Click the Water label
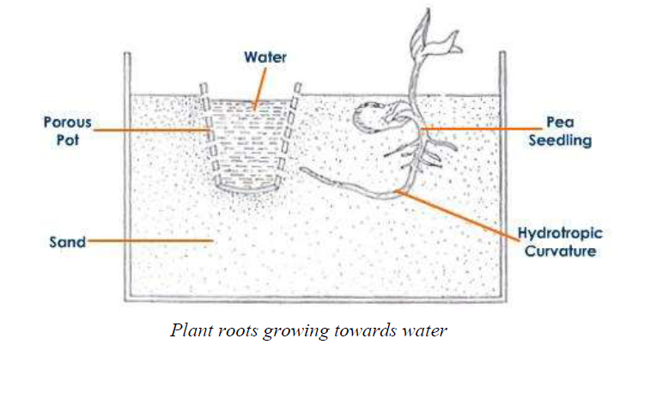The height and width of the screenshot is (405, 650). click(x=264, y=57)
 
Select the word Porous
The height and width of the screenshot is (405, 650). click(x=68, y=122)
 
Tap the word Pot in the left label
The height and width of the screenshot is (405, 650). click(x=68, y=140)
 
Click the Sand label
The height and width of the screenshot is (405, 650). click(x=68, y=242)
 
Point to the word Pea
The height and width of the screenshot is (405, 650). click(x=560, y=122)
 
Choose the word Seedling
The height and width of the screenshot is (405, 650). click(x=560, y=141)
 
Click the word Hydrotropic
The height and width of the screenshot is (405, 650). click(x=560, y=233)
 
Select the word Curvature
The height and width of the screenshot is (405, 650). click(x=560, y=251)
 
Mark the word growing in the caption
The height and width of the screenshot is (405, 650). click(x=296, y=332)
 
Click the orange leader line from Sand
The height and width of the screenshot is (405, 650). click(x=150, y=240)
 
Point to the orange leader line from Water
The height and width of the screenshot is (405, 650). click(x=260, y=88)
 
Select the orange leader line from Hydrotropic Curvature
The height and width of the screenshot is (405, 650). click(x=458, y=215)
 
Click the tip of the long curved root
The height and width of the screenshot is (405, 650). click(x=301, y=169)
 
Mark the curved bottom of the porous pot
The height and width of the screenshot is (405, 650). click(x=248, y=189)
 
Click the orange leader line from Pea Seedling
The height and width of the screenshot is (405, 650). click(x=481, y=129)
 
